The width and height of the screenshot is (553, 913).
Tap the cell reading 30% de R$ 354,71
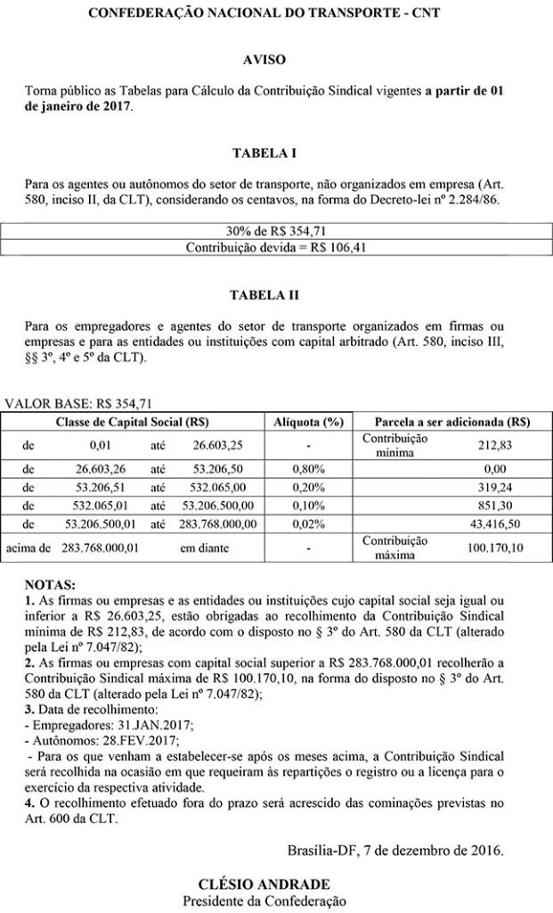click(276, 230)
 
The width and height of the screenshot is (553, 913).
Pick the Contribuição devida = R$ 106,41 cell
click(276, 246)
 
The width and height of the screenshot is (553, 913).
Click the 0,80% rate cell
click(306, 466)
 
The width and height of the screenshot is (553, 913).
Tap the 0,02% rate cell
click(306, 522)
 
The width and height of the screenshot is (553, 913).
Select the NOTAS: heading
click(50, 585)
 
